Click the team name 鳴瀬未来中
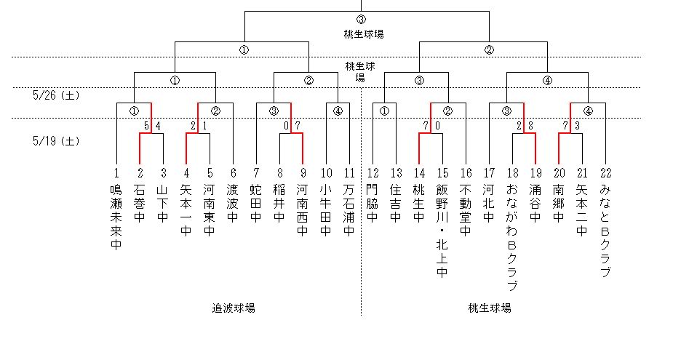click(x=116, y=217)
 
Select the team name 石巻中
click(x=140, y=205)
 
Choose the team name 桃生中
click(x=419, y=205)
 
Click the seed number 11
click(x=349, y=173)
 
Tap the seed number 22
click(x=606, y=173)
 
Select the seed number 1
click(x=116, y=173)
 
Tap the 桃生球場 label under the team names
click(x=490, y=308)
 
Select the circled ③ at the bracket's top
click(x=362, y=20)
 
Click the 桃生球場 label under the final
click(x=365, y=33)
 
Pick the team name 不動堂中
click(x=466, y=211)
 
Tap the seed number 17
click(x=489, y=173)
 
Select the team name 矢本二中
click(x=582, y=211)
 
